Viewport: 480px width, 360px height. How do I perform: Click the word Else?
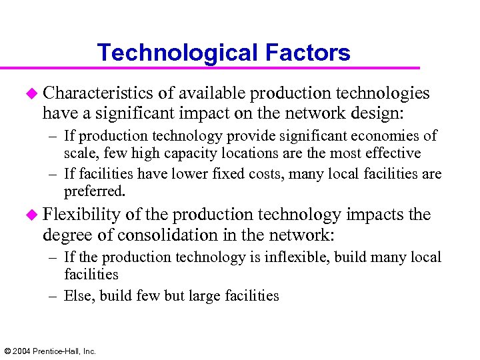pos(79,295)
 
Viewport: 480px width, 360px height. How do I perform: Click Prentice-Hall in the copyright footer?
pos(59,351)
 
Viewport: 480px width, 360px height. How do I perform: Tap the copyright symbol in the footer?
pos(7,351)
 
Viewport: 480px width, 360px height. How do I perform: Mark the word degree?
pos(63,235)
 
